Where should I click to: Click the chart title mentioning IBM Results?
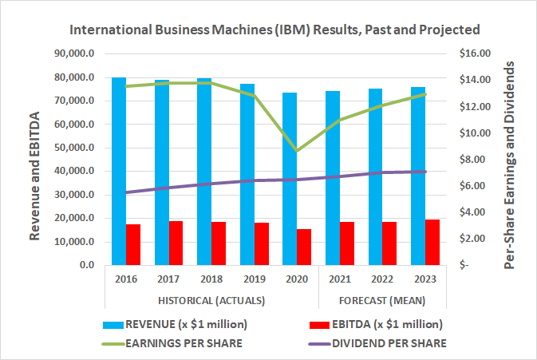pyautogui.click(x=275, y=30)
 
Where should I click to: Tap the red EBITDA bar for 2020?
pyautogui.click(x=304, y=247)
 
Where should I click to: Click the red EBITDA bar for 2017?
pyautogui.click(x=176, y=243)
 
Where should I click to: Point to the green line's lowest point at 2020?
pyautogui.click(x=298, y=151)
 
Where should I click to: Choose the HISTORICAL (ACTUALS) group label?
pyautogui.click(x=212, y=300)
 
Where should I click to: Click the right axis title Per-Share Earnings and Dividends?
pyautogui.click(x=511, y=160)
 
